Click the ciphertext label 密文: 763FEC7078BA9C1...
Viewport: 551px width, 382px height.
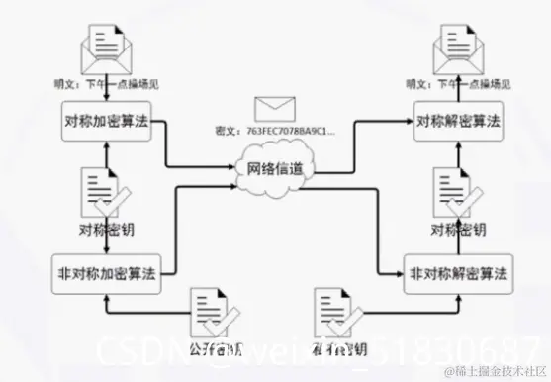pyautogui.click(x=275, y=130)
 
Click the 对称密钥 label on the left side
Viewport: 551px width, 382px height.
pyautogui.click(x=104, y=232)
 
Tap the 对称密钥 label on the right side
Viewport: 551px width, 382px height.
pyautogui.click(x=458, y=232)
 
